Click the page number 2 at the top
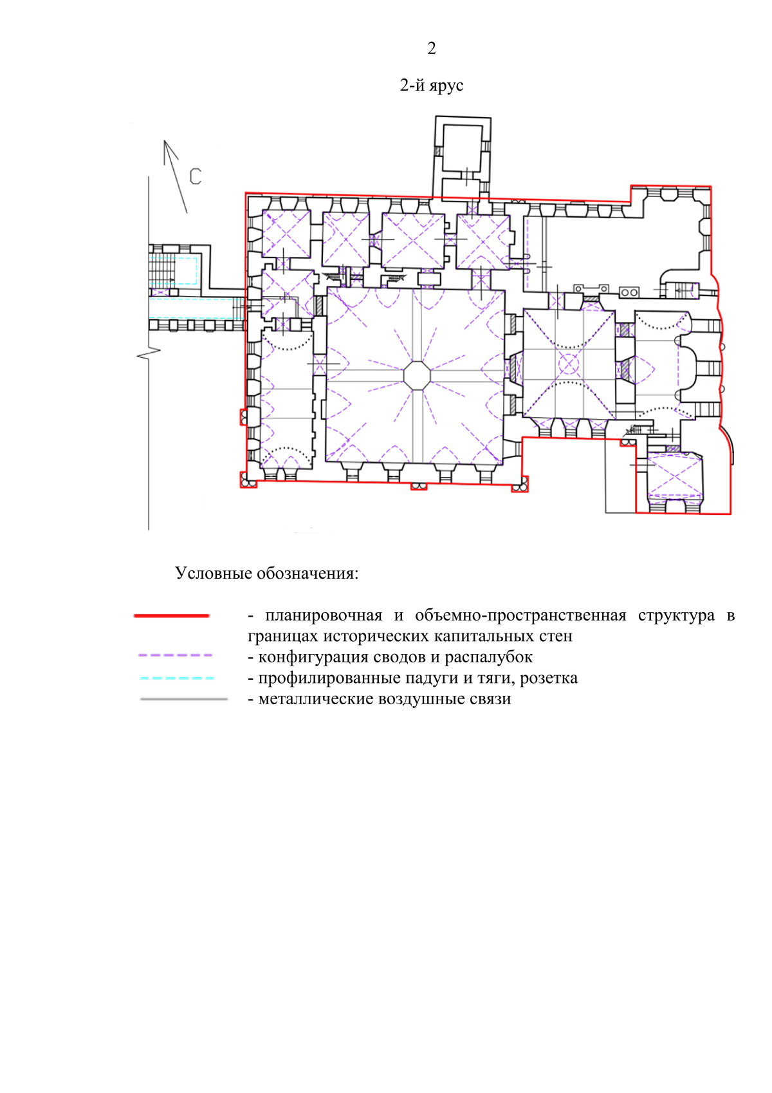click(x=431, y=48)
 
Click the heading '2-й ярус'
click(x=431, y=86)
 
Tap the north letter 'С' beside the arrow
click(x=196, y=176)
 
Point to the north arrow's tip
click(x=164, y=140)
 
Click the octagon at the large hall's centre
click(x=417, y=375)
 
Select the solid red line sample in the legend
click(x=171, y=616)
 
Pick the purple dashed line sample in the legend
click(x=175, y=655)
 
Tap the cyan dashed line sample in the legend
click(x=176, y=678)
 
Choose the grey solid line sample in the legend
click(x=184, y=699)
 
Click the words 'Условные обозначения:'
click(x=267, y=573)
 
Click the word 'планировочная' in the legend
click(x=324, y=616)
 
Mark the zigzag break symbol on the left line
click(x=149, y=354)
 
